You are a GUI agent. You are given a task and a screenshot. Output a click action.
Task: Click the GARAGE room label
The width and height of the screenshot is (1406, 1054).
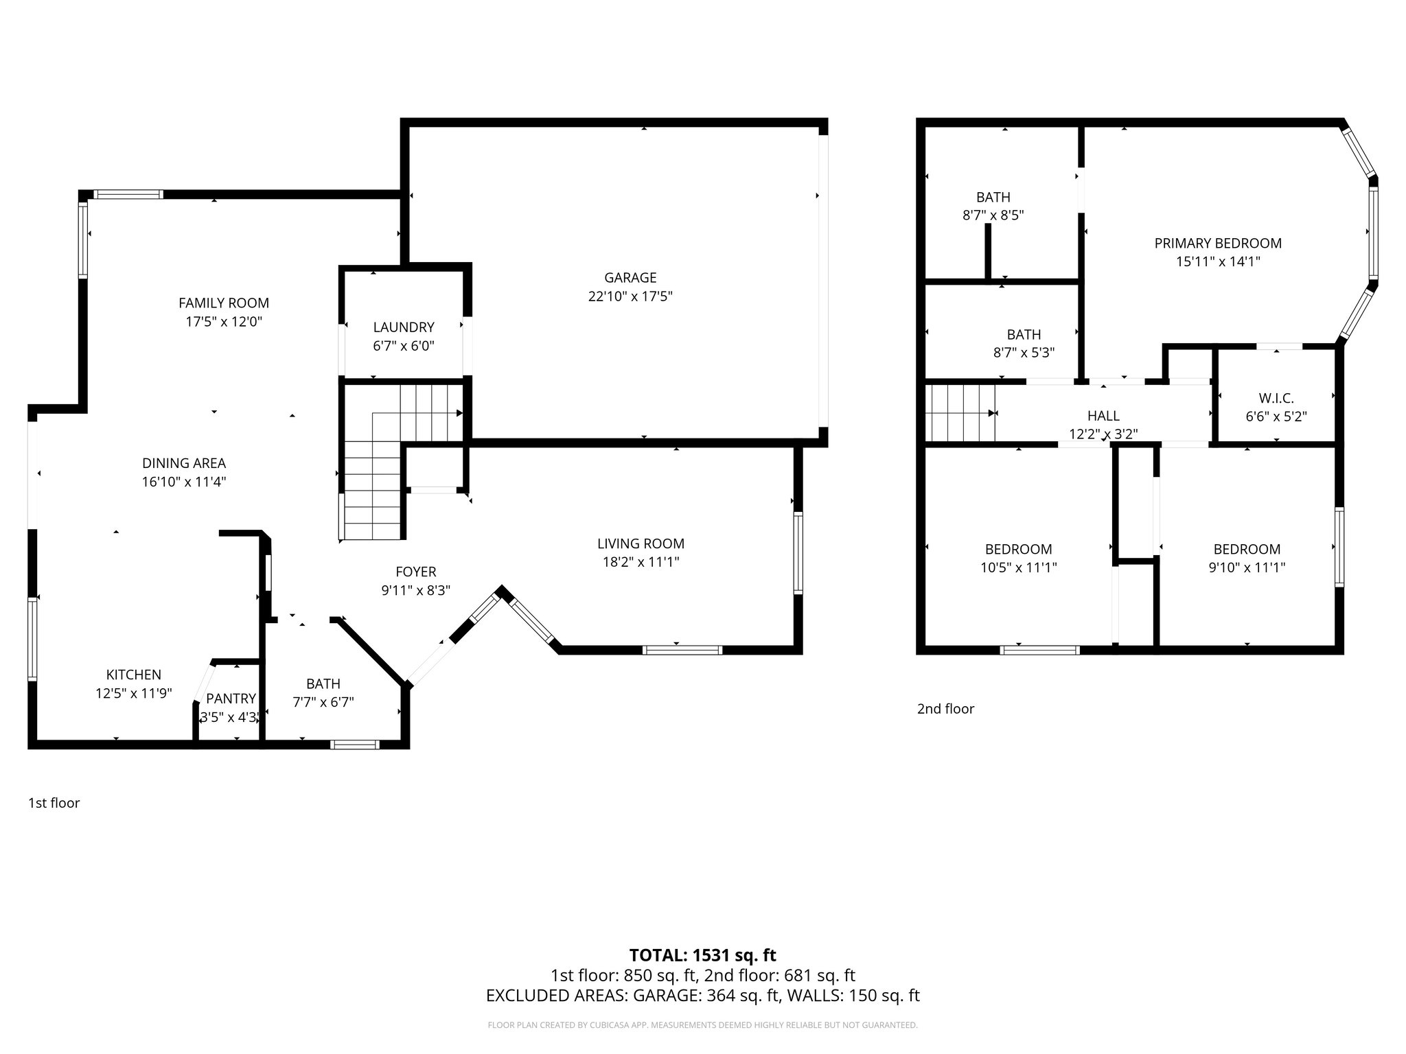click(630, 278)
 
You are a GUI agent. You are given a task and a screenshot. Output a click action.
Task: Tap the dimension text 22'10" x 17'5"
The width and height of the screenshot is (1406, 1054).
click(630, 296)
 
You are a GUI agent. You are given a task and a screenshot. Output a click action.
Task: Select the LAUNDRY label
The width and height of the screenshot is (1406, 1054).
click(404, 327)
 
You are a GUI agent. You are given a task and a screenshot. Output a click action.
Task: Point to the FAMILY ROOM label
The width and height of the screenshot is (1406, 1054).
click(224, 303)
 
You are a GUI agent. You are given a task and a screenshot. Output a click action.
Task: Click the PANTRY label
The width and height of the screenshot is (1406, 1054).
click(231, 699)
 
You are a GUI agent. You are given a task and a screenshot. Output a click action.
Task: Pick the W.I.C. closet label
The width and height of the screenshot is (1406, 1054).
click(1276, 398)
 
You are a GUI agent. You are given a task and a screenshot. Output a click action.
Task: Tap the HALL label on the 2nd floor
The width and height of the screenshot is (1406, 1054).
click(1103, 416)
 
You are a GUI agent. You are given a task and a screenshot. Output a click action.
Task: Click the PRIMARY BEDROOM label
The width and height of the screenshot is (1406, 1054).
click(1218, 243)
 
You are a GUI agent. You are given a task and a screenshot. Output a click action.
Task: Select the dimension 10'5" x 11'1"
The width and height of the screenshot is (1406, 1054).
click(1019, 567)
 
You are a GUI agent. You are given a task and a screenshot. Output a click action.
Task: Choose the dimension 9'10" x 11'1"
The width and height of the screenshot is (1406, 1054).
click(1247, 567)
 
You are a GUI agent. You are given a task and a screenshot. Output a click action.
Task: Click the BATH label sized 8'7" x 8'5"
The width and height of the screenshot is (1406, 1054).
click(993, 198)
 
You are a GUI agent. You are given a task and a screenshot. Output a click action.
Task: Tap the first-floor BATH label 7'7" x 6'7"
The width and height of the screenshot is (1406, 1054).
click(323, 684)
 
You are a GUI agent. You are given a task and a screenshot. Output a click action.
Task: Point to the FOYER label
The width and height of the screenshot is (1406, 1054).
click(416, 572)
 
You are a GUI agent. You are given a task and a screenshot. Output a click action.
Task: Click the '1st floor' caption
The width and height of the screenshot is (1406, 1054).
click(54, 803)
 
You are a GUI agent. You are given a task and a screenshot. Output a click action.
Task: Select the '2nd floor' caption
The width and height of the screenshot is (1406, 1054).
click(945, 709)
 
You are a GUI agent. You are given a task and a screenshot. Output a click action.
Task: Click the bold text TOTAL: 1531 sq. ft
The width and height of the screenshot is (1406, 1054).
click(702, 955)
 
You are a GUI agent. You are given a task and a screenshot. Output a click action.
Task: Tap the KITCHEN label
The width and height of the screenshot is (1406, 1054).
click(134, 675)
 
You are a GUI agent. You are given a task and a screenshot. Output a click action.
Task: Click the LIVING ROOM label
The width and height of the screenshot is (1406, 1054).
click(641, 544)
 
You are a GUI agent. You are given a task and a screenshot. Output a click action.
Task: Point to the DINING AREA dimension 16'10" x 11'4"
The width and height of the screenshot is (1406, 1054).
click(184, 482)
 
